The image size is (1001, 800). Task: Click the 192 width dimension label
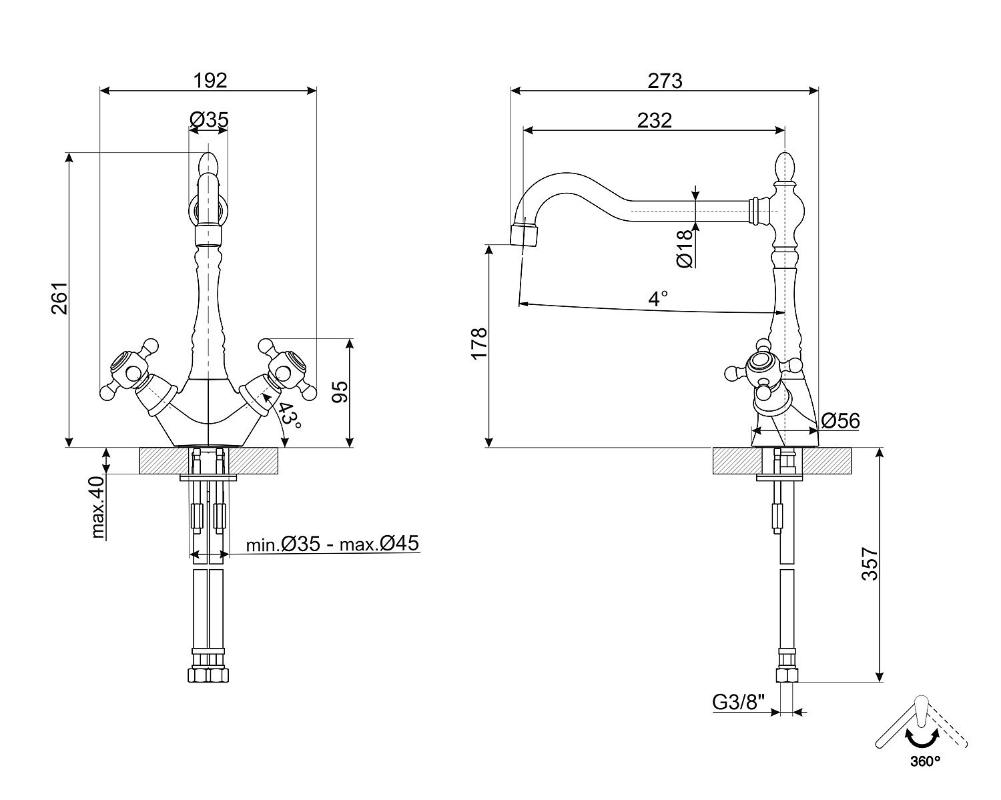pyautogui.click(x=210, y=80)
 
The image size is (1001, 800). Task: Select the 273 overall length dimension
pyautogui.click(x=665, y=80)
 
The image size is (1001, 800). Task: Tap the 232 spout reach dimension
pyautogui.click(x=654, y=120)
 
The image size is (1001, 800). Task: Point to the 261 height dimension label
pyautogui.click(x=59, y=298)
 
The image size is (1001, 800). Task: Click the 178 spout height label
pyautogui.click(x=480, y=344)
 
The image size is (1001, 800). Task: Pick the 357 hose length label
pyautogui.click(x=870, y=564)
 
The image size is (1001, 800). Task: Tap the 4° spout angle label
pyautogui.click(x=658, y=298)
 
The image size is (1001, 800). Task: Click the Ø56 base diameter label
pyautogui.click(x=840, y=421)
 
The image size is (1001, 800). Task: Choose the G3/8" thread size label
pyautogui.click(x=738, y=702)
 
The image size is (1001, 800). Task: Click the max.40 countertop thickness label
pyautogui.click(x=99, y=507)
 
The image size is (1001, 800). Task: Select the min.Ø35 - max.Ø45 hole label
pyautogui.click(x=332, y=544)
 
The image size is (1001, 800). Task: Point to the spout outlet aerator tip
pyautogui.click(x=525, y=235)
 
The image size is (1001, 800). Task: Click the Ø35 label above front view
pyautogui.click(x=209, y=119)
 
